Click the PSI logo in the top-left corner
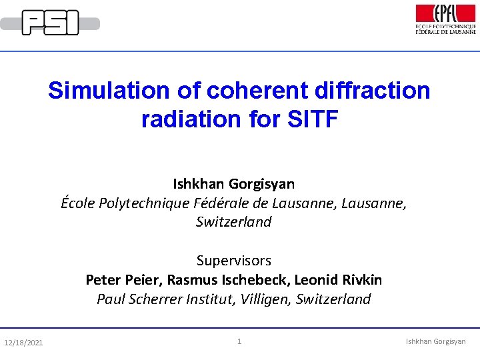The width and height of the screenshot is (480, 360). pyautogui.click(x=50, y=23)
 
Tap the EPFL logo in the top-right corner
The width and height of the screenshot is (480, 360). pyautogui.click(x=445, y=19)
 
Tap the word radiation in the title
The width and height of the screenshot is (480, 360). pyautogui.click(x=191, y=119)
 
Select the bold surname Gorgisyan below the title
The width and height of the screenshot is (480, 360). pyautogui.click(x=261, y=183)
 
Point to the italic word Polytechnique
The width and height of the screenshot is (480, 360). pyautogui.click(x=140, y=203)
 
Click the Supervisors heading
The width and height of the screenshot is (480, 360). pyautogui.click(x=234, y=261)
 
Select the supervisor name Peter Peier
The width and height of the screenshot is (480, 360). pyautogui.click(x=124, y=279)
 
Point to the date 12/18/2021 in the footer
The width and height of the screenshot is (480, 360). pyautogui.click(x=23, y=343)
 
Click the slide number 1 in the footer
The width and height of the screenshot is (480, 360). pyautogui.click(x=239, y=342)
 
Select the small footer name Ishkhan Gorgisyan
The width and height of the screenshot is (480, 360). pyautogui.click(x=436, y=342)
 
